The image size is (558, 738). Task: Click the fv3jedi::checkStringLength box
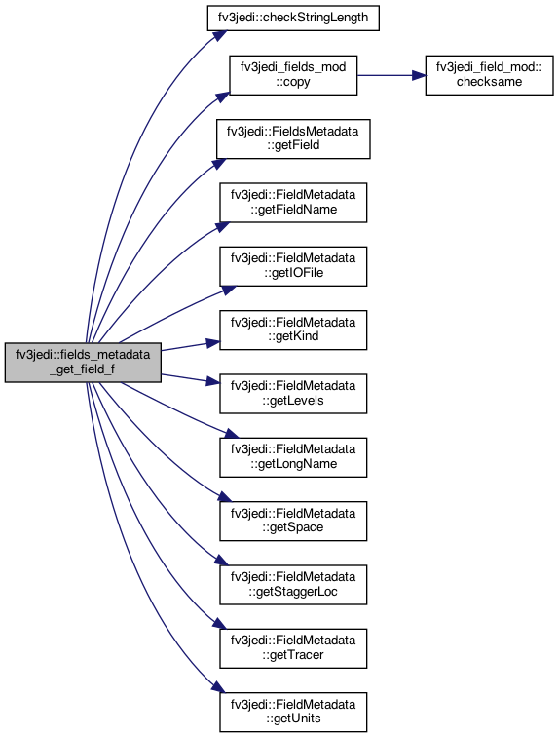coord(293,18)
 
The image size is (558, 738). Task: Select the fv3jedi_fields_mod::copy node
coord(293,75)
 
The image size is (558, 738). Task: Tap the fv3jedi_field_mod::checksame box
coord(490,75)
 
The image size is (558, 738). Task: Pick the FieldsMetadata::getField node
coord(293,138)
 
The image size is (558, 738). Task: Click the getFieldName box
coord(293,203)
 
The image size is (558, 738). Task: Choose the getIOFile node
coord(293,266)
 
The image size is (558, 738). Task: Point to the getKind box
coord(293,330)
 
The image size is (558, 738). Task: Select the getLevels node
coord(293,394)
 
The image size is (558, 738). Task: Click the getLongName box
coord(293,457)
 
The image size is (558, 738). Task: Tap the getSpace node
coord(293,521)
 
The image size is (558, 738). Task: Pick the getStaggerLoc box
coord(293,585)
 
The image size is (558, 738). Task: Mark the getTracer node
coord(293,648)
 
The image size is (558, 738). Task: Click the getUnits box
coord(293,712)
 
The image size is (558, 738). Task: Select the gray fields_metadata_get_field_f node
coord(83,363)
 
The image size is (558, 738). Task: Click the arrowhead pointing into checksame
coord(419,75)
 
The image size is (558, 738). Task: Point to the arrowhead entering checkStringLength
coord(219,36)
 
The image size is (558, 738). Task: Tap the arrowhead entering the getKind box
coord(213,343)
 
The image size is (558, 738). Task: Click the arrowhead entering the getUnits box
coord(218,687)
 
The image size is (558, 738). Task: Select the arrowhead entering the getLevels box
coord(213,381)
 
